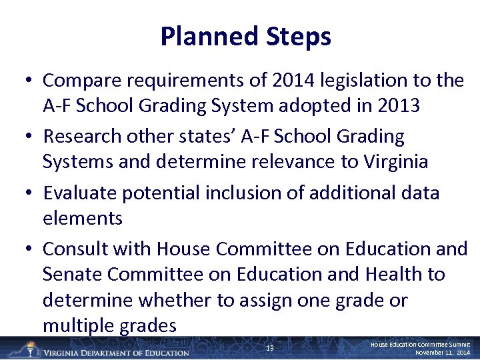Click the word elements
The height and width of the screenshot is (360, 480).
tap(82, 218)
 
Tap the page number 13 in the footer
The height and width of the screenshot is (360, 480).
tap(269, 348)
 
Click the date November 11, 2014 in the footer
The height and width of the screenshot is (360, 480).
tap(443, 352)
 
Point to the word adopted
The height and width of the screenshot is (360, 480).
tap(323, 106)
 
